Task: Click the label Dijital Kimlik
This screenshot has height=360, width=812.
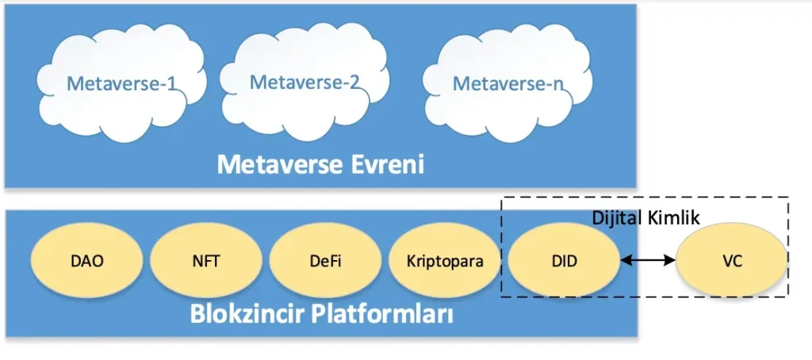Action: click(646, 216)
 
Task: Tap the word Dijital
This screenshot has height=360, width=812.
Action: click(617, 216)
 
